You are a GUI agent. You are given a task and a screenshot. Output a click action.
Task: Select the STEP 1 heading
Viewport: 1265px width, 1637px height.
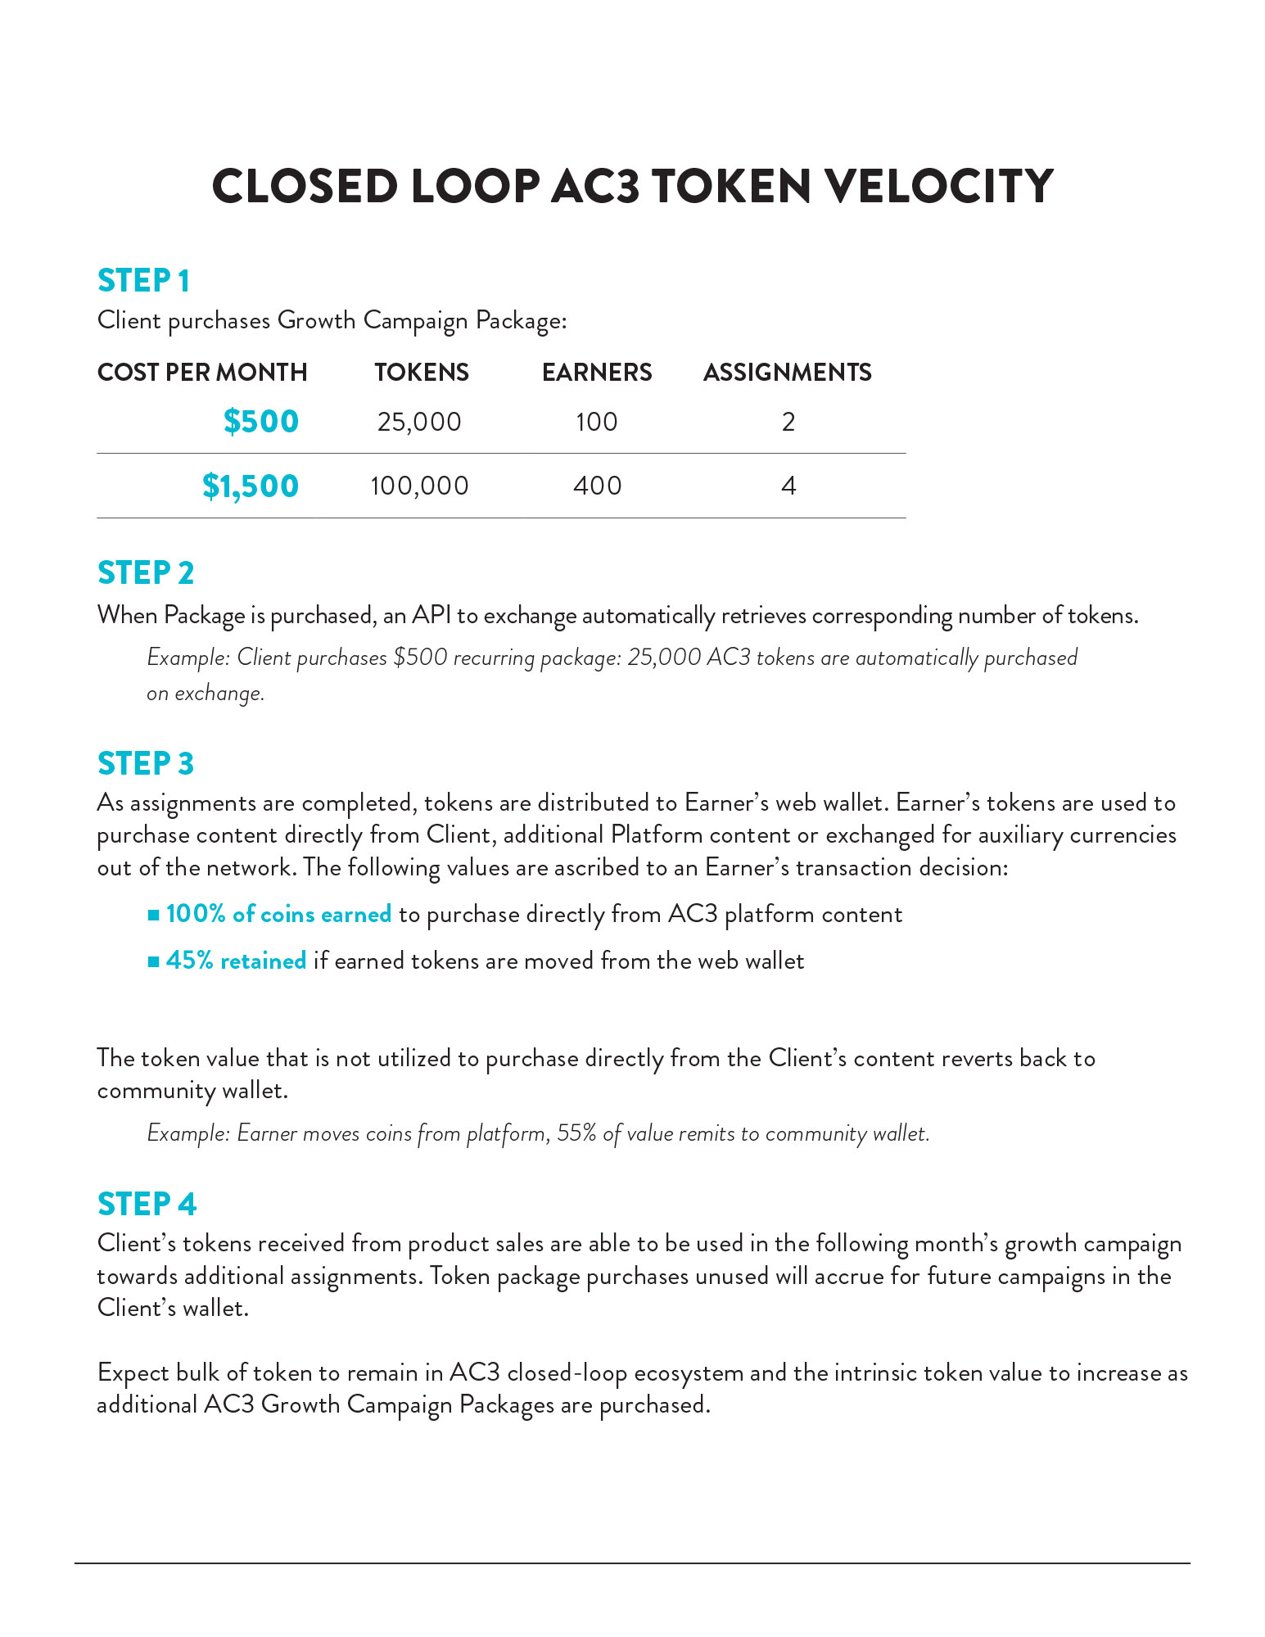(143, 281)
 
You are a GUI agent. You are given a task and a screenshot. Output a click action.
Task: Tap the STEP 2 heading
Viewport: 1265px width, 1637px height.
(146, 573)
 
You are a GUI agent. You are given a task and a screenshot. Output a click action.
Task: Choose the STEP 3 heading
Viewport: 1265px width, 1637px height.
(146, 763)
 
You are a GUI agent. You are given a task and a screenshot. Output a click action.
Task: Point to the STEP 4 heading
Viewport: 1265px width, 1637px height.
(147, 1205)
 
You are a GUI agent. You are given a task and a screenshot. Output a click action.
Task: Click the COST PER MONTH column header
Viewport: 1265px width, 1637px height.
(202, 373)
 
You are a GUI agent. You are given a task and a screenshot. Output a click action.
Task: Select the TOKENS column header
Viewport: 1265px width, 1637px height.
(422, 373)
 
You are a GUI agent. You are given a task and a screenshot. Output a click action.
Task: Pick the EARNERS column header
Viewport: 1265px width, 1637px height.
(597, 373)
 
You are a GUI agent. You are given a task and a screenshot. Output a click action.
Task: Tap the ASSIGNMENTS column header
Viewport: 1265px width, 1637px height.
(788, 373)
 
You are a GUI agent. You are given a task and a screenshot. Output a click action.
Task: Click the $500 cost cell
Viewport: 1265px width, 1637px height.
(261, 422)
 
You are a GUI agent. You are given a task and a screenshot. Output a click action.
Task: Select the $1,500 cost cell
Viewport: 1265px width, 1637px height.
(251, 486)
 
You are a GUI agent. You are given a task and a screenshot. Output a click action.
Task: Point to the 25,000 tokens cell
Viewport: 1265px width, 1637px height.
(419, 423)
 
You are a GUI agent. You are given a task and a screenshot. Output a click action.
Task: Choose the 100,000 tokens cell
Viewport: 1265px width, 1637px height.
(419, 486)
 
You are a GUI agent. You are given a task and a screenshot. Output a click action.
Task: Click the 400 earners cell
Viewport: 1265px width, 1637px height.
(597, 486)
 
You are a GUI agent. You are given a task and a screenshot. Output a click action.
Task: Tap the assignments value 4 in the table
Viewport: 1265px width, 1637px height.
(788, 486)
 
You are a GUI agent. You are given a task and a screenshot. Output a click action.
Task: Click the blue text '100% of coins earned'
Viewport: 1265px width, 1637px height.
(278, 914)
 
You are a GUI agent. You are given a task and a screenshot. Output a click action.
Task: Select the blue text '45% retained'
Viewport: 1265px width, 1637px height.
(236, 961)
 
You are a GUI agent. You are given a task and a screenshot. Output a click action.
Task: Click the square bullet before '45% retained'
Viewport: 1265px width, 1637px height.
(153, 961)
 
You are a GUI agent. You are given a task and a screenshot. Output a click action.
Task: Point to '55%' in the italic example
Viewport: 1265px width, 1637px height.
(576, 1133)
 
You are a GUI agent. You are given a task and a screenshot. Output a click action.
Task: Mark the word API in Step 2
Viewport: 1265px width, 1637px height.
(431, 615)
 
